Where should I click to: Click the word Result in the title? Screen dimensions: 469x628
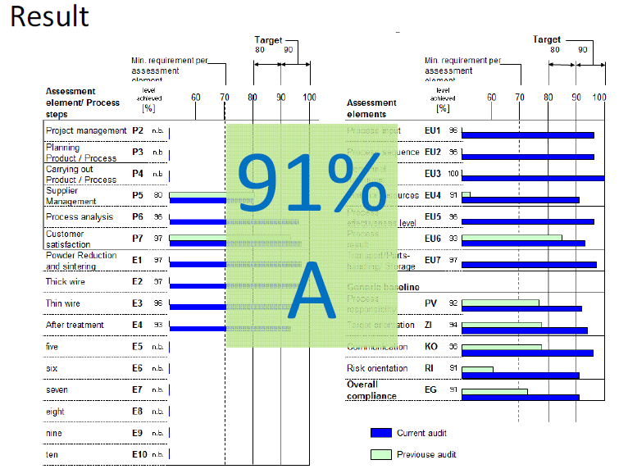(50, 16)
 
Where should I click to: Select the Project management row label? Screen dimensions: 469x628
(86, 130)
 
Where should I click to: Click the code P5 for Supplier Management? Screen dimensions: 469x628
(138, 195)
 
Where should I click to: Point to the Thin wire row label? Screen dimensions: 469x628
(63, 303)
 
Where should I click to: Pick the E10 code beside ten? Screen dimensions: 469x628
(139, 454)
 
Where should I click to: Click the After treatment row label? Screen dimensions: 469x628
(75, 325)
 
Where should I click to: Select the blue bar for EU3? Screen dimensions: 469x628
(533, 178)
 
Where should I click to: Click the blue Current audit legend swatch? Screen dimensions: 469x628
(381, 433)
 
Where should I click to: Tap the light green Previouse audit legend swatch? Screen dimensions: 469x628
(381, 454)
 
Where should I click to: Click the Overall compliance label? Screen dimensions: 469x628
(372, 390)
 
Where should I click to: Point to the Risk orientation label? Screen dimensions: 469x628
(377, 368)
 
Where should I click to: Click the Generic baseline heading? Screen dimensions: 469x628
(383, 287)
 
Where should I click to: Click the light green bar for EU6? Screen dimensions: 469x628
(512, 239)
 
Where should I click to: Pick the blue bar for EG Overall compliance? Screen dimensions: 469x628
(521, 397)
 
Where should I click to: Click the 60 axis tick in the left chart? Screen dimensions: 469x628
(196, 98)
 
